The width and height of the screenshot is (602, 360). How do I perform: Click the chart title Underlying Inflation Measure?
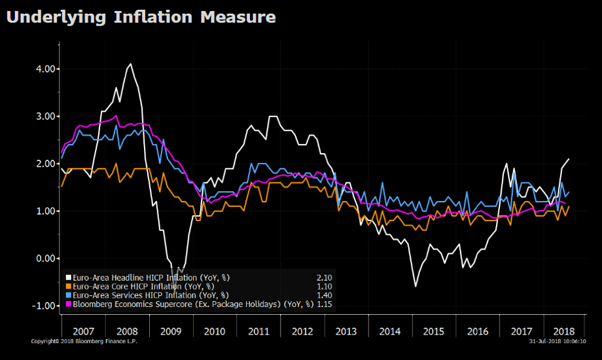(141, 17)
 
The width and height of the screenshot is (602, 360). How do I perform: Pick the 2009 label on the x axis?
(171, 331)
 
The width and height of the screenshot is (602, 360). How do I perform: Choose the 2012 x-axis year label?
(302, 331)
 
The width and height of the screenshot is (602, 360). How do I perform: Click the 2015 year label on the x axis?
(434, 331)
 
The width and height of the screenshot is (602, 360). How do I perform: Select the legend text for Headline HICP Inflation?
(150, 278)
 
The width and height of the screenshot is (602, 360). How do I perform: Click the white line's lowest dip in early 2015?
(416, 286)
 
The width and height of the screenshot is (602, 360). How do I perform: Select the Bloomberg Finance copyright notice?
(84, 341)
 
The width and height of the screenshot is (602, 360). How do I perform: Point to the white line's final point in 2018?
(569, 159)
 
